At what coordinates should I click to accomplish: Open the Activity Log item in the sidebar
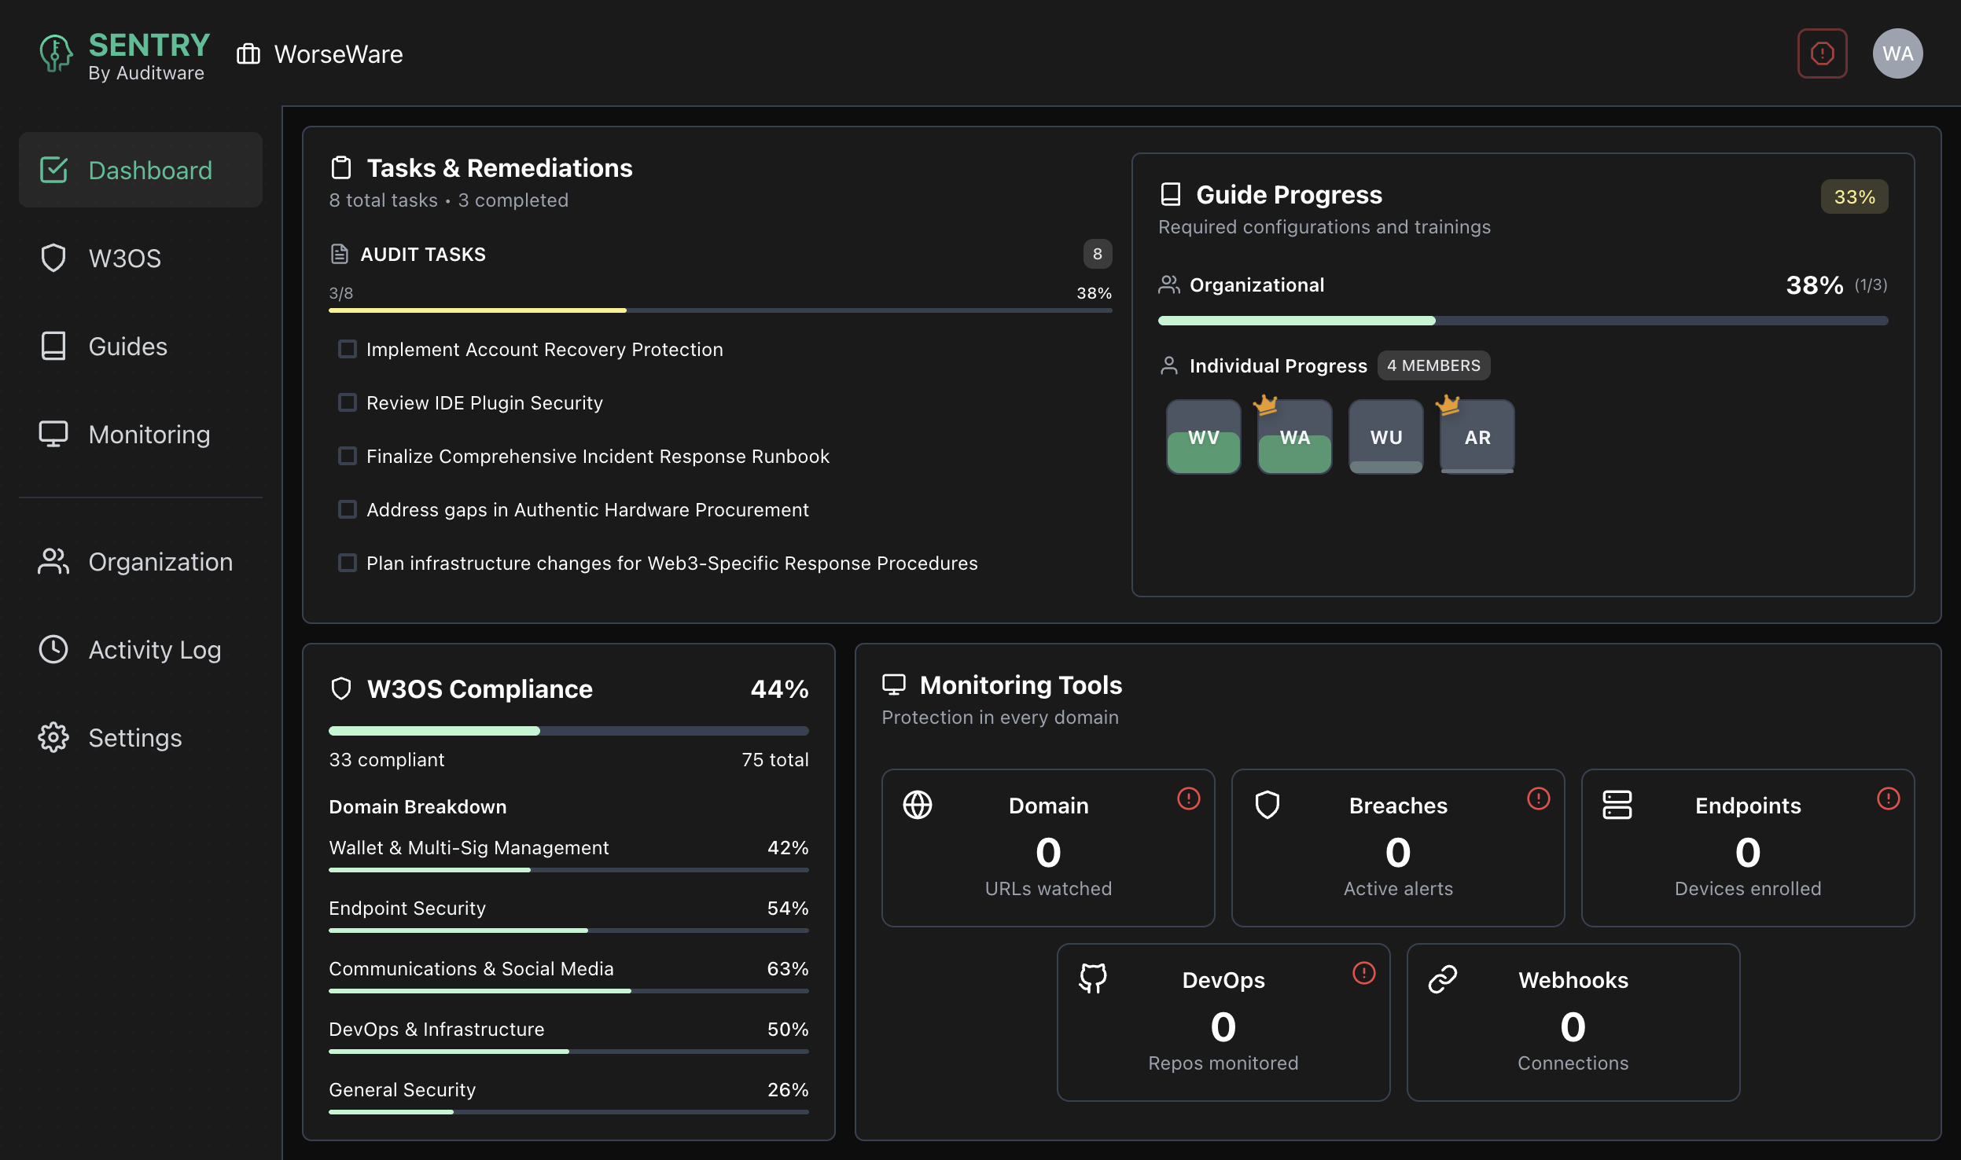tap(154, 650)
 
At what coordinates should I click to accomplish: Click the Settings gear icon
tap(53, 738)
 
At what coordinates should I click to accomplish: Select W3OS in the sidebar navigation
tap(124, 259)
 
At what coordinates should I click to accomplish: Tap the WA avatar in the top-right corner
tap(1897, 53)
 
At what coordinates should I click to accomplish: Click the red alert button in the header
tap(1822, 53)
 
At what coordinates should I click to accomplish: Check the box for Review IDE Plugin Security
tap(347, 403)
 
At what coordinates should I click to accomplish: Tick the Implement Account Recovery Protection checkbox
tap(347, 350)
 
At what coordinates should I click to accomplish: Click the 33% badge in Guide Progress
tap(1854, 197)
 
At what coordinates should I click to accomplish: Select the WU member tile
tap(1385, 437)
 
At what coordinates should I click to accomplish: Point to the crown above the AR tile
tap(1448, 405)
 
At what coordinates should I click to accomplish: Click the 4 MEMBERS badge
tap(1433, 366)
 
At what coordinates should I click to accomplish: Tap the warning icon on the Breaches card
tap(1538, 799)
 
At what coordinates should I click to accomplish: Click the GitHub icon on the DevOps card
tap(1093, 978)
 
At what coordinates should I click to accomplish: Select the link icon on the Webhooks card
tap(1443, 979)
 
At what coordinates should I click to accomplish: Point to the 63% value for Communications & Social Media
tap(787, 969)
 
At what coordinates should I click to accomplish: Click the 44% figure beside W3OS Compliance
tap(779, 689)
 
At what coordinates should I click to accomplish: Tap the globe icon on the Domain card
tap(918, 805)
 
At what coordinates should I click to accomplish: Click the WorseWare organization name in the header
tap(338, 54)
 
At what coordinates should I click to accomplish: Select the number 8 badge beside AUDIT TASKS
tap(1097, 255)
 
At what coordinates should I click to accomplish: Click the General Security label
tap(402, 1090)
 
